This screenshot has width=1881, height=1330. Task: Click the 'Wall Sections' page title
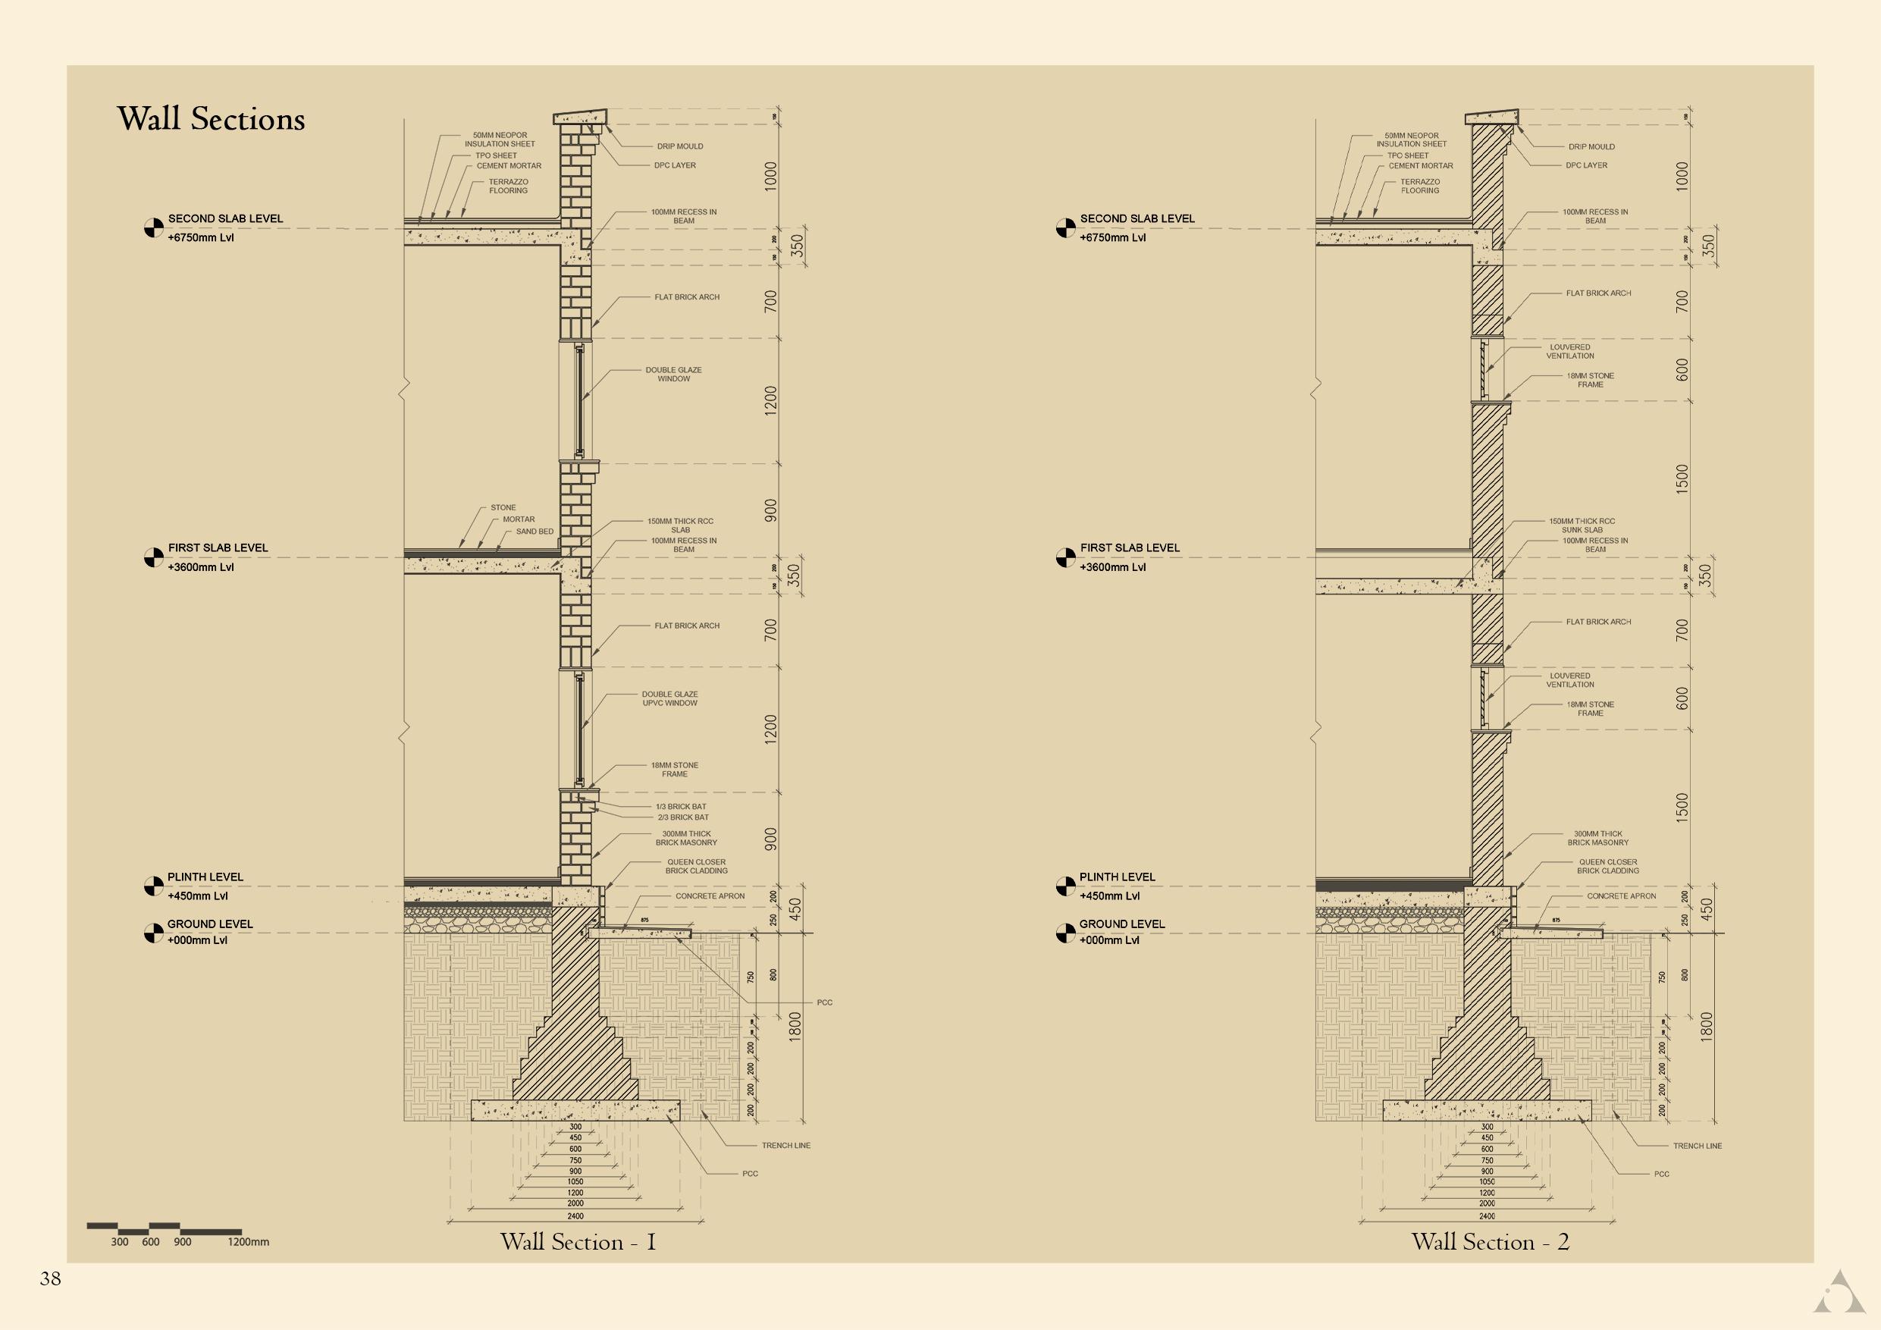click(211, 120)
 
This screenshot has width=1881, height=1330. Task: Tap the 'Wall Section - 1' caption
click(578, 1241)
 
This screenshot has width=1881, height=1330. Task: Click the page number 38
click(50, 1279)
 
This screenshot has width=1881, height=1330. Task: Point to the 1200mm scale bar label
click(248, 1242)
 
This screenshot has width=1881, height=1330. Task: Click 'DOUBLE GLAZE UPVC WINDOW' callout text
click(669, 698)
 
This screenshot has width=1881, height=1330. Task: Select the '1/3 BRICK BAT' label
click(680, 806)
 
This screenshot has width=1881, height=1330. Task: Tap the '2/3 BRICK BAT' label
click(682, 817)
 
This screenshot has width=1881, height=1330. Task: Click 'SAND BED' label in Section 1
click(535, 531)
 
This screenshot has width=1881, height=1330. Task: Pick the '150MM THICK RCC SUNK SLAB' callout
click(1582, 525)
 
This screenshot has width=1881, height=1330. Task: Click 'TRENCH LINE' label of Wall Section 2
click(1697, 1146)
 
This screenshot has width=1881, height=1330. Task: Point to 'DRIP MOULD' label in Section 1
click(679, 146)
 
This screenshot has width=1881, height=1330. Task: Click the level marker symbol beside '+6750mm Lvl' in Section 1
click(153, 227)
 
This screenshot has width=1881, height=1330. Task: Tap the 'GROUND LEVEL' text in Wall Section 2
click(1121, 924)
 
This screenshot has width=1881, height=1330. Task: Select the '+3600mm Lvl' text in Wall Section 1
click(201, 567)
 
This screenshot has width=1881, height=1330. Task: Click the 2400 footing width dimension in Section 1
click(575, 1216)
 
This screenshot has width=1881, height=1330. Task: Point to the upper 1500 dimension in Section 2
click(1683, 478)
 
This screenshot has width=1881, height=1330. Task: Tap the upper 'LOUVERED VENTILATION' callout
click(1569, 352)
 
